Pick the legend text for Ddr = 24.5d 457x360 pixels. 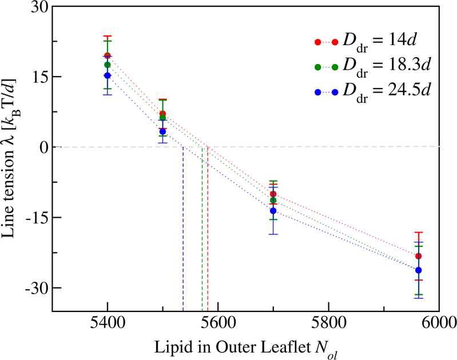pos(385,91)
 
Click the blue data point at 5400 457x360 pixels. pos(108,75)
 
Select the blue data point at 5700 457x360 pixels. pos(273,211)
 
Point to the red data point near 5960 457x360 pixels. pos(419,256)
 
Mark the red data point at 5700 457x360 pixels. pos(273,194)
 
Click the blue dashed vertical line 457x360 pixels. pos(183,229)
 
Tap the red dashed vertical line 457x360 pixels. pos(208,229)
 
